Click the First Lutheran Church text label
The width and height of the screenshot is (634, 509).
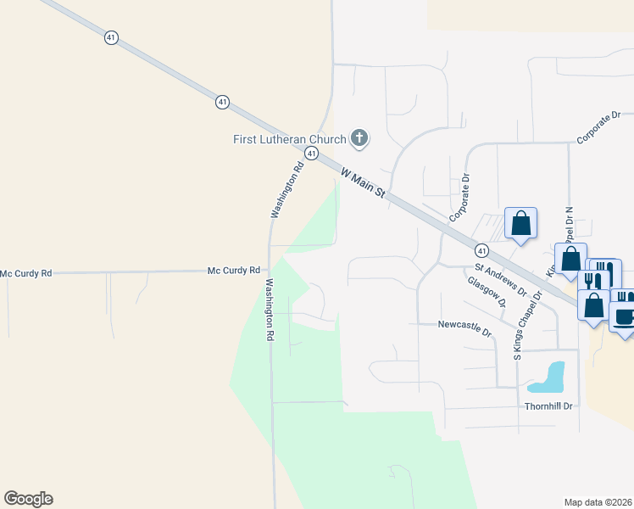(x=290, y=139)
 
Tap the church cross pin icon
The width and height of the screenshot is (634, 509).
(x=359, y=137)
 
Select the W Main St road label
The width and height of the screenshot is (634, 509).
(x=363, y=183)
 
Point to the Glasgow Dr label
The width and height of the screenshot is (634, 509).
(x=486, y=290)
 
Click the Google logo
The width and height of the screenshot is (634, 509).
(x=28, y=499)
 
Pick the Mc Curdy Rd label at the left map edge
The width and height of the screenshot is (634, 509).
(x=26, y=273)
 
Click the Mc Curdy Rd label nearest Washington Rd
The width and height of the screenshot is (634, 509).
(x=234, y=271)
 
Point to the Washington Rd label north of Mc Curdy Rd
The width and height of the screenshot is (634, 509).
(x=286, y=191)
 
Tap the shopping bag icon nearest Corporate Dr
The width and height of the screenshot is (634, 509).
(x=520, y=224)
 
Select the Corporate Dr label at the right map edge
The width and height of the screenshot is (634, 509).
(x=598, y=126)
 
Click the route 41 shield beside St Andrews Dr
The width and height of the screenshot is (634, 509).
(x=481, y=251)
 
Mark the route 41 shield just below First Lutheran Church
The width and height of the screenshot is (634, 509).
(x=312, y=154)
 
